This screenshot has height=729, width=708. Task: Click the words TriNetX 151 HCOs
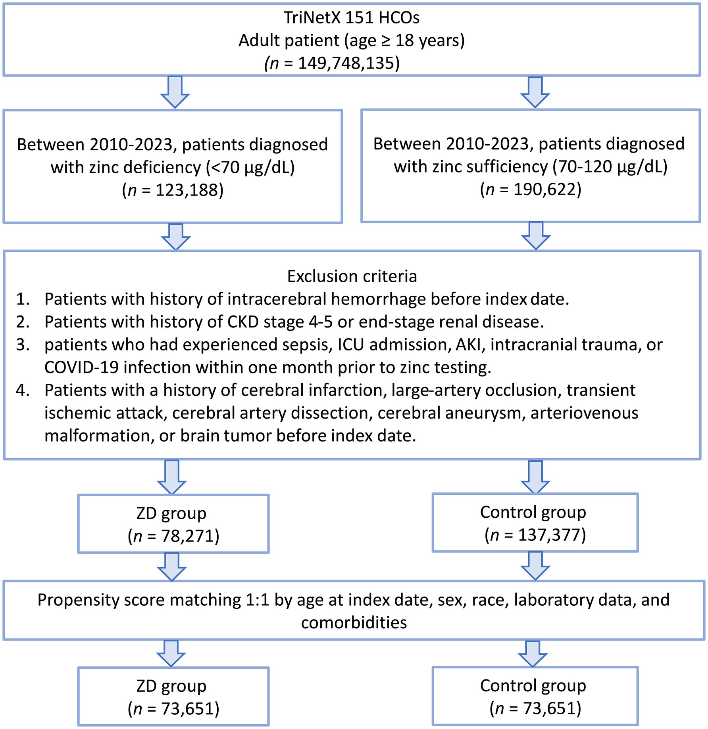352,17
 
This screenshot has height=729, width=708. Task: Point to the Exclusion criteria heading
352,276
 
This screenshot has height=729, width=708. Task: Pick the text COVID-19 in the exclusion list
81,367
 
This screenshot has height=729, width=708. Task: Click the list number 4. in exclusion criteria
23,390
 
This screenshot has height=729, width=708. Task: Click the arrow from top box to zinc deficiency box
175,92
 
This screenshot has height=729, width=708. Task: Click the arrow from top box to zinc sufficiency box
535,92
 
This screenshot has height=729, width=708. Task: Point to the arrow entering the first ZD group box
172,477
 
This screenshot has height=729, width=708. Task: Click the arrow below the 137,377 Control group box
535,566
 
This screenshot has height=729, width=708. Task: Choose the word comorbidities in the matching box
354,622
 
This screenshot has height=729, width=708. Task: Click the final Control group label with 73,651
533,686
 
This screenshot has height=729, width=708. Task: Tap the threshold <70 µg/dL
250,168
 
